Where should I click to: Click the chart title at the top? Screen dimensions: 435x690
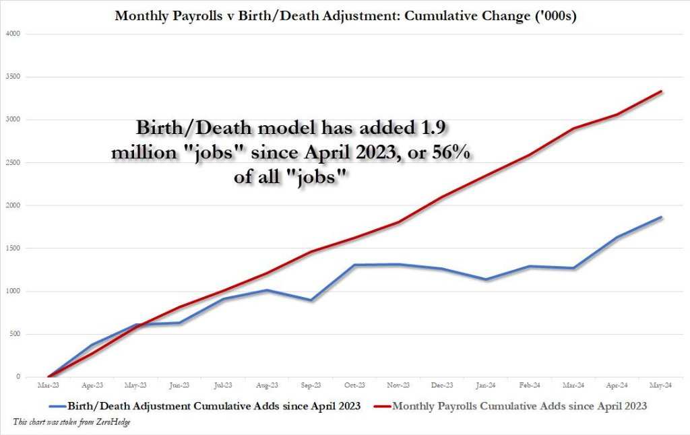(345, 15)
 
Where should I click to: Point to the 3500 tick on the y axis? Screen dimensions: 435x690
(12, 77)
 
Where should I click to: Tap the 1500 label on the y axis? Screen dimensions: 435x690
(12, 248)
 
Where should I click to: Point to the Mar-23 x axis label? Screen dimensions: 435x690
(48, 387)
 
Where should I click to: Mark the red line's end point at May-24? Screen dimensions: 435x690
(662, 92)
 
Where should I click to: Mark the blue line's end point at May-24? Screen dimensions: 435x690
(662, 217)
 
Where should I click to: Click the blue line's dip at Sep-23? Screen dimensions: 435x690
(311, 300)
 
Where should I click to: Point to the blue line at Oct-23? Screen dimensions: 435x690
(355, 265)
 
